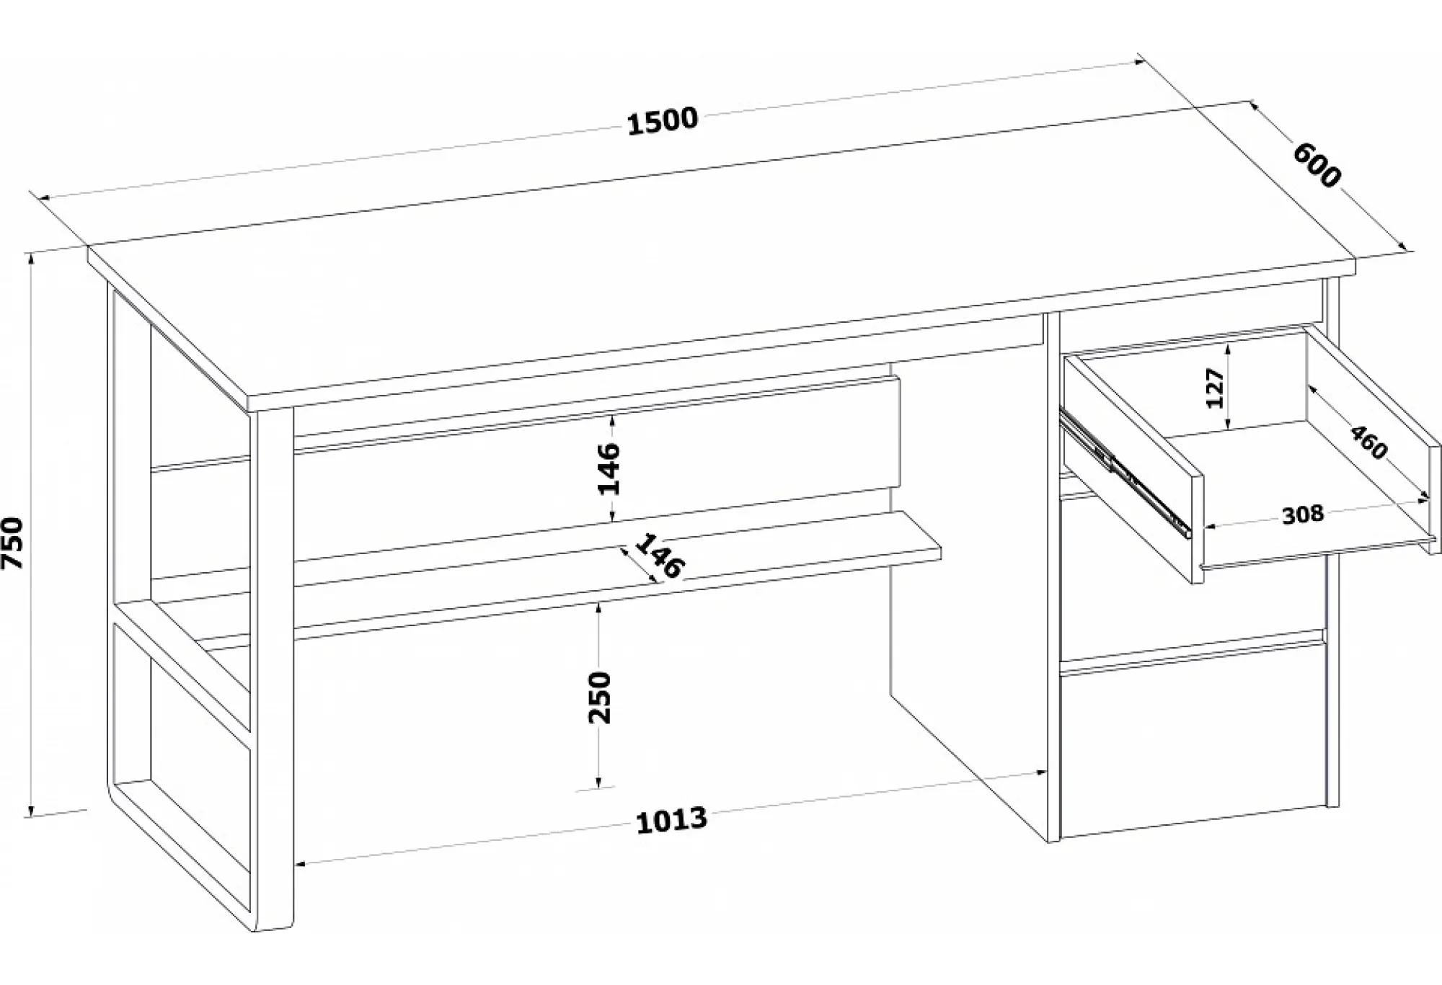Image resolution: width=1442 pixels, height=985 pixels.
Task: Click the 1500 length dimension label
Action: [663, 120]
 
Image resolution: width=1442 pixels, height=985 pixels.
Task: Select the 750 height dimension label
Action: [14, 543]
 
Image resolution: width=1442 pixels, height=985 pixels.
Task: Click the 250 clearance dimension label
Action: [600, 697]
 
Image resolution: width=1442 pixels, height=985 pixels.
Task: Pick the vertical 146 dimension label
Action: [609, 468]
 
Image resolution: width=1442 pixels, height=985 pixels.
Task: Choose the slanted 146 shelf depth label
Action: [657, 556]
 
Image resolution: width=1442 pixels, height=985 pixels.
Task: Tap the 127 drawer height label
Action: [1216, 388]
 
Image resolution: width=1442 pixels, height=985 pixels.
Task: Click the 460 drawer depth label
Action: [1368, 442]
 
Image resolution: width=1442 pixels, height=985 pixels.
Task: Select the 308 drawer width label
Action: [1303, 514]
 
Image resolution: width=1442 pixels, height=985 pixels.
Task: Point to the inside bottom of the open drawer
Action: [1298, 476]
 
